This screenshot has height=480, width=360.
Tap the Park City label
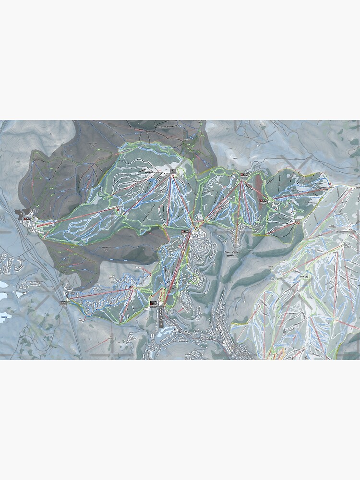pos(303,277)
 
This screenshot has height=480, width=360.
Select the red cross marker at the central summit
pos(173,176)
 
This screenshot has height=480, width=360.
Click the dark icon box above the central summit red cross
pos(173,170)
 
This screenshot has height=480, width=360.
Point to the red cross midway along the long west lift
pos(118,209)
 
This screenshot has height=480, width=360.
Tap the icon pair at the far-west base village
pos(27,219)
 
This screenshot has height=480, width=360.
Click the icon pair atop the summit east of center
pos(244,175)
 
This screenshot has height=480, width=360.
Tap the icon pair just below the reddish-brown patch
pos(263,201)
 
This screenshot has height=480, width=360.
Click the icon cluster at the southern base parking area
pos(153,303)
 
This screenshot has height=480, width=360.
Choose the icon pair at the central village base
pos(187,231)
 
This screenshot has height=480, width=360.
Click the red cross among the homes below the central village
pos(180,246)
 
